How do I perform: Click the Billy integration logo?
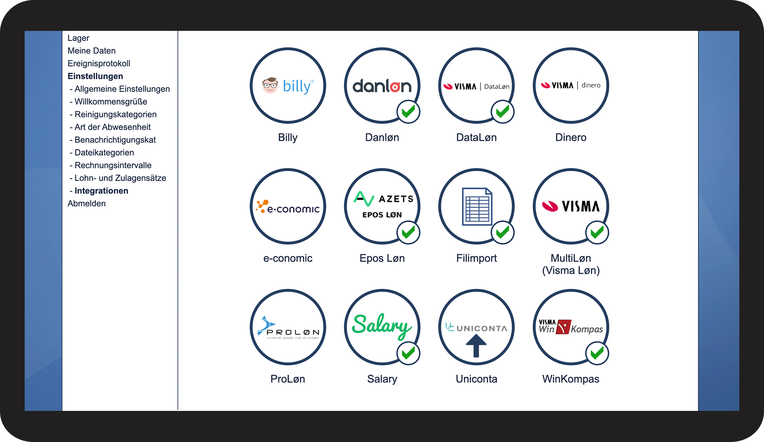pyautogui.click(x=288, y=86)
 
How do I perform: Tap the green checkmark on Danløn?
pyautogui.click(x=408, y=112)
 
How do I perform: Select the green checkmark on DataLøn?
pyautogui.click(x=502, y=112)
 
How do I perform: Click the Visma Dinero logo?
pyautogui.click(x=571, y=86)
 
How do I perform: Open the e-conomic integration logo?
pyautogui.click(x=288, y=207)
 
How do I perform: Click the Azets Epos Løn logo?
pyautogui.click(x=382, y=205)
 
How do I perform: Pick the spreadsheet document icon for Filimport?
pyautogui.click(x=476, y=207)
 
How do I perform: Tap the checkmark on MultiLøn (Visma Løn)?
pyautogui.click(x=597, y=232)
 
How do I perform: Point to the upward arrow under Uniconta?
pyautogui.click(x=476, y=346)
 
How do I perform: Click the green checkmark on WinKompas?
pyautogui.click(x=597, y=353)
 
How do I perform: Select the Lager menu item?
pyautogui.click(x=78, y=38)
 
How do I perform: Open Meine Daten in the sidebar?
pyautogui.click(x=91, y=51)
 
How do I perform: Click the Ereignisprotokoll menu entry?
pyautogui.click(x=99, y=64)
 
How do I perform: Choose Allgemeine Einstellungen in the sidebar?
pyautogui.click(x=122, y=89)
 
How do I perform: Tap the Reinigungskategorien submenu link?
pyautogui.click(x=115, y=114)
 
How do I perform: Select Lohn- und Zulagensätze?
pyautogui.click(x=120, y=178)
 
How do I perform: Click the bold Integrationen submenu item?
pyautogui.click(x=101, y=191)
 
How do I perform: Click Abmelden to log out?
pyautogui.click(x=86, y=204)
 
